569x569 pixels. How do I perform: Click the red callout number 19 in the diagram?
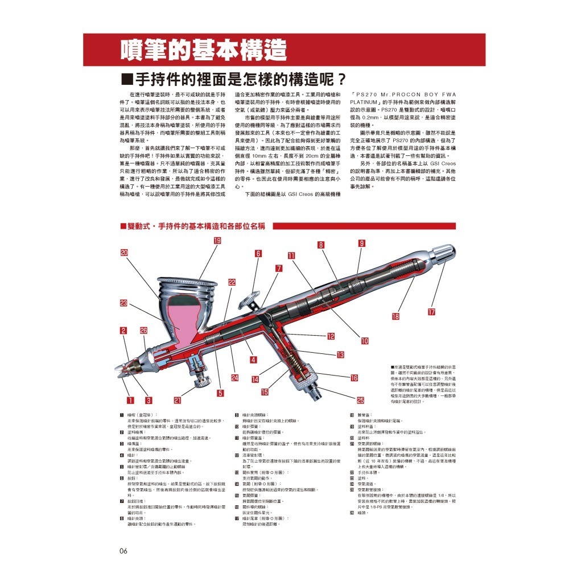[x=217, y=241]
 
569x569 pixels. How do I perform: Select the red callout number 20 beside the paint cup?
[x=124, y=253]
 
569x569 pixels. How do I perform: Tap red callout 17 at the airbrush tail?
[x=431, y=312]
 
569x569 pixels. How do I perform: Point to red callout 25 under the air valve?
[x=360, y=400]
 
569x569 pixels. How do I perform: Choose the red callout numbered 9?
[x=362, y=243]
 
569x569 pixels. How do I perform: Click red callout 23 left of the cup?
[x=123, y=303]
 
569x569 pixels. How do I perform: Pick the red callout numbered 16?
[x=353, y=378]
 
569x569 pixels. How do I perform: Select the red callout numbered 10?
[x=365, y=341]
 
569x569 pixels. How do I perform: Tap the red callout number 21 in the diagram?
[x=177, y=400]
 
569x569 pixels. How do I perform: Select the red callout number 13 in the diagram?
[x=340, y=355]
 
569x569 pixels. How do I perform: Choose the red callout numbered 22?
[x=232, y=282]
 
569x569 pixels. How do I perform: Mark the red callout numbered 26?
[x=143, y=331]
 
